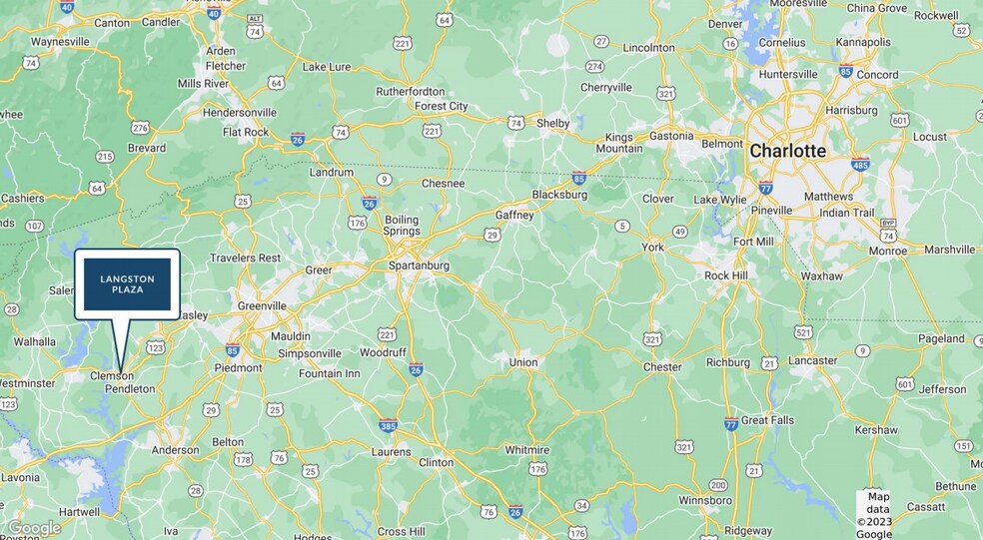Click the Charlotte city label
pyautogui.click(x=787, y=151)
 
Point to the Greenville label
pyautogui.click(x=262, y=305)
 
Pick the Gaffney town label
pyautogui.click(x=514, y=215)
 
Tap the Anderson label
pyautogui.click(x=176, y=450)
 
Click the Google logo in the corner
pyautogui.click(x=34, y=528)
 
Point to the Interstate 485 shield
pyautogui.click(x=859, y=165)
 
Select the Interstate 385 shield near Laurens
pyautogui.click(x=387, y=426)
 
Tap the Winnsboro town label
pyautogui.click(x=705, y=499)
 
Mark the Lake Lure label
pyautogui.click(x=327, y=67)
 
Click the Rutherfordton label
pyautogui.click(x=410, y=91)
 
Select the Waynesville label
pyautogui.click(x=61, y=42)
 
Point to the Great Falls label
pyautogui.click(x=767, y=420)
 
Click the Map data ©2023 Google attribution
pyautogui.click(x=876, y=515)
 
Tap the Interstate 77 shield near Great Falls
pyautogui.click(x=731, y=423)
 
